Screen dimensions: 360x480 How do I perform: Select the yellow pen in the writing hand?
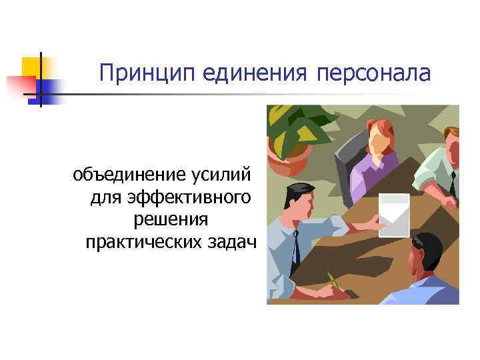click(332, 281)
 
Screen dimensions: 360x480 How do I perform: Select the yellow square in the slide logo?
click(31, 67)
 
